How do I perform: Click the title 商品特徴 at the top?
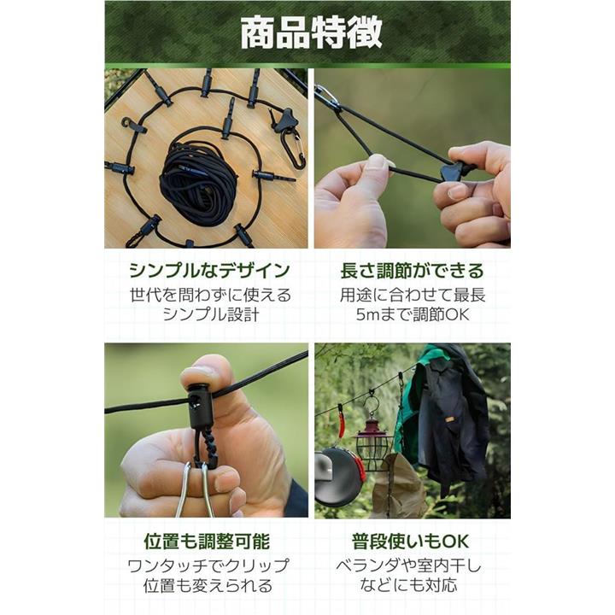[311, 32]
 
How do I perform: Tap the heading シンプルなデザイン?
[210, 271]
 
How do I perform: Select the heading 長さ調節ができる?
[413, 271]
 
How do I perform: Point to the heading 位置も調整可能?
[207, 542]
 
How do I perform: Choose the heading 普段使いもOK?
[410, 542]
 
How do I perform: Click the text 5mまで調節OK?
[413, 314]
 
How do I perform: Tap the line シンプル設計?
[211, 314]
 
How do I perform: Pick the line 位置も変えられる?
[208, 586]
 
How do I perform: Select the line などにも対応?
[408, 586]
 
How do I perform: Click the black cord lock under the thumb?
[202, 406]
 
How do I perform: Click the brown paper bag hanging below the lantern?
[396, 485]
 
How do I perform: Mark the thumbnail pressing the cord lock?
[199, 374]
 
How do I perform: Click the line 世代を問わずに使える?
[211, 295]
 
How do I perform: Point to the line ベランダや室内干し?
[408, 565]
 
